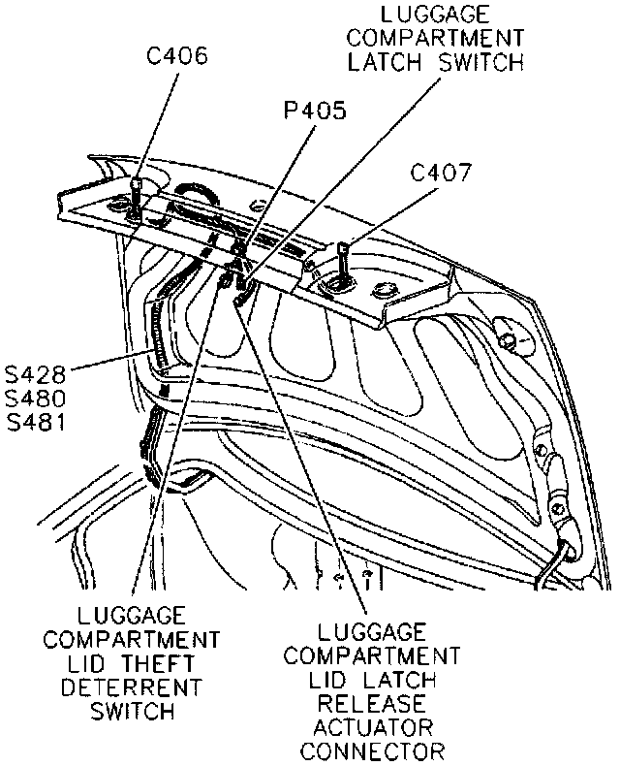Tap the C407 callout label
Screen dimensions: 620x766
coord(441,175)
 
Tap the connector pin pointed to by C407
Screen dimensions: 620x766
coord(344,258)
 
